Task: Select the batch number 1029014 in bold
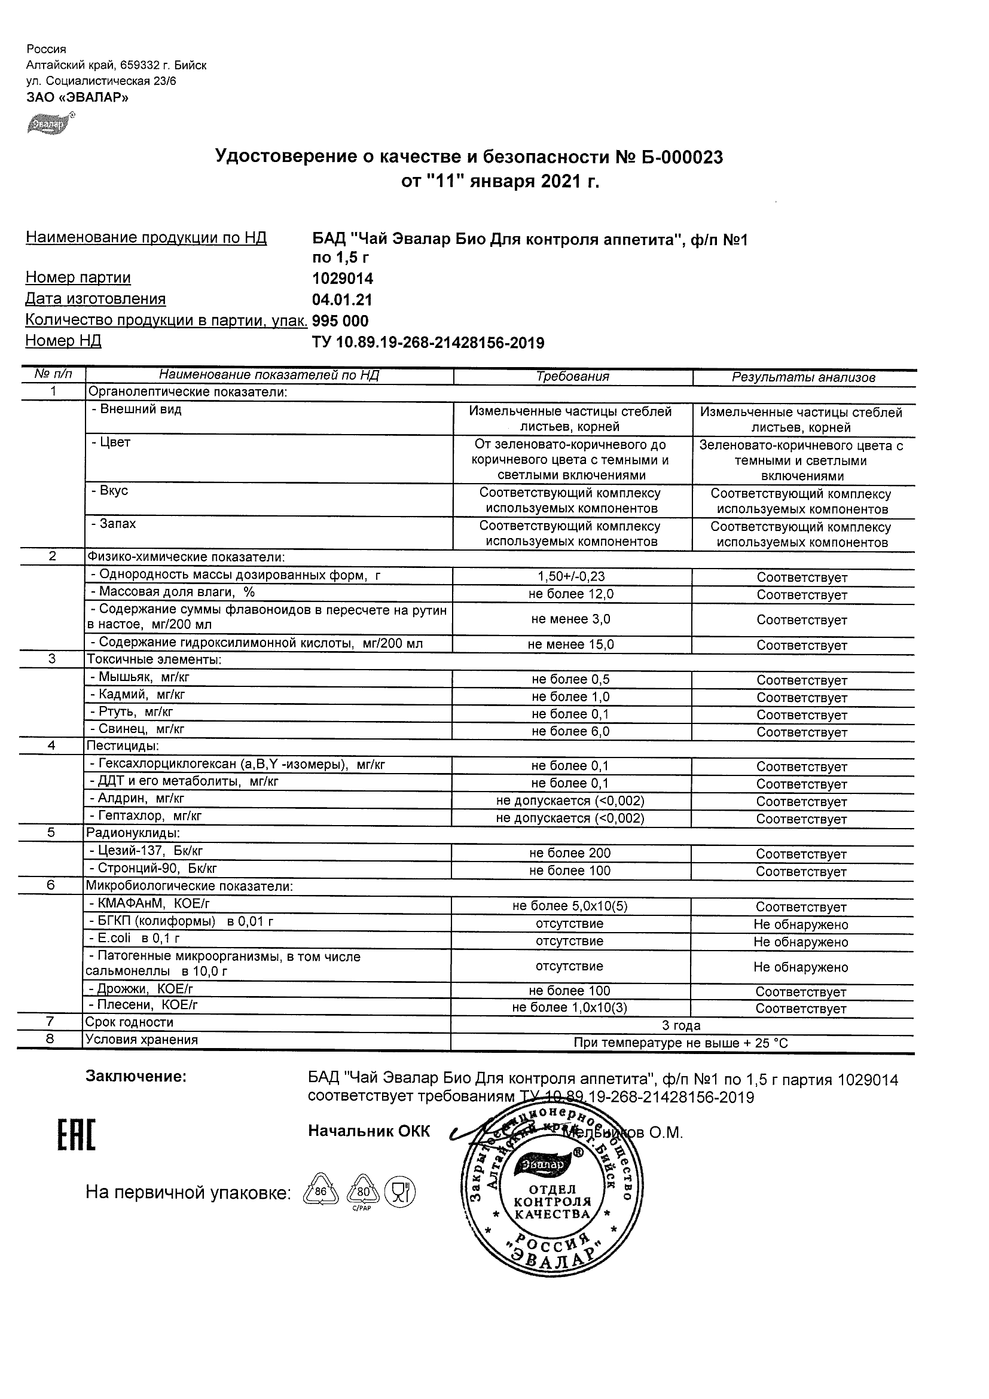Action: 343,279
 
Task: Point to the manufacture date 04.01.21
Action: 342,300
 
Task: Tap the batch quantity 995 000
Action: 340,321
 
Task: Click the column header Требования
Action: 572,377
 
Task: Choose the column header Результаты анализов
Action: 803,378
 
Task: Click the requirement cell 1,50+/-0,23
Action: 572,576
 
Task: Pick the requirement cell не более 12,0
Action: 571,594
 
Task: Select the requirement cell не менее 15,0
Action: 571,644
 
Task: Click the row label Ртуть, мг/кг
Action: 132,711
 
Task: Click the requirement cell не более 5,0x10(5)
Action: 570,906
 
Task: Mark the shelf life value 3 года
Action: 681,1025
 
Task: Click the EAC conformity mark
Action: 77,1136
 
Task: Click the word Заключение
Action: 136,1077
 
